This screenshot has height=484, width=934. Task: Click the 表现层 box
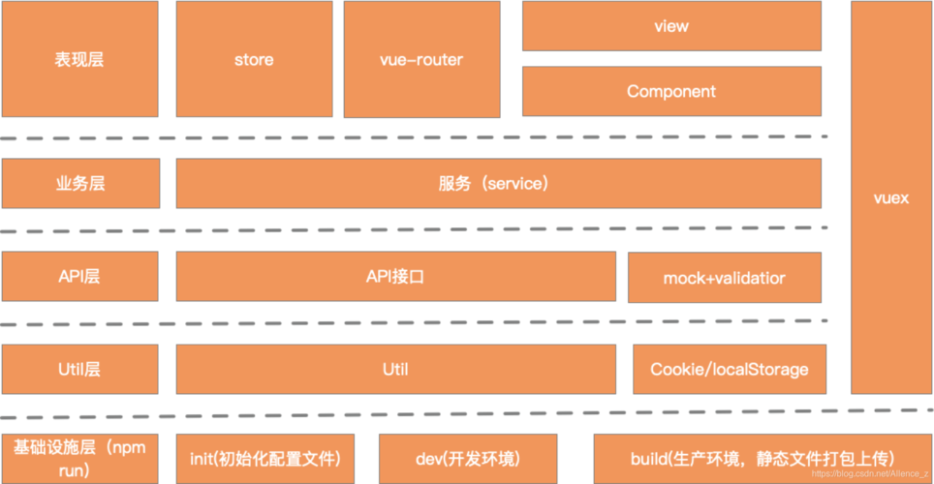click(x=79, y=59)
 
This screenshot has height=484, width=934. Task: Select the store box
click(x=254, y=59)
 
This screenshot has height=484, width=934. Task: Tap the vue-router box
click(x=420, y=59)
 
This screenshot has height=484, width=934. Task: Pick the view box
click(x=670, y=26)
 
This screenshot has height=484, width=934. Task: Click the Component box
click(x=670, y=92)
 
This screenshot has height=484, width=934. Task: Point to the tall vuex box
click(x=890, y=197)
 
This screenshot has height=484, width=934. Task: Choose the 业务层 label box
click(x=79, y=183)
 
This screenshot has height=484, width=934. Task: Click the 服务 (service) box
click(x=498, y=183)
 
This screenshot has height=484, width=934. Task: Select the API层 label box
click(x=79, y=277)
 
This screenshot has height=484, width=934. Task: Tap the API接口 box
click(x=395, y=277)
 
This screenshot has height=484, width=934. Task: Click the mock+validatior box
click(x=724, y=278)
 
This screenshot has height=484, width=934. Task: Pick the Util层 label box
click(x=79, y=369)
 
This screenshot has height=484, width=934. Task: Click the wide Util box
click(x=395, y=369)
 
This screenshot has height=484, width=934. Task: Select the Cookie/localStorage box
click(x=729, y=369)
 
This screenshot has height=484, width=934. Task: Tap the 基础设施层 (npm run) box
click(x=79, y=458)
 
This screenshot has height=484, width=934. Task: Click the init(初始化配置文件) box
click(x=264, y=458)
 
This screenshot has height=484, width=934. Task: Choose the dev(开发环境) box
click(x=468, y=458)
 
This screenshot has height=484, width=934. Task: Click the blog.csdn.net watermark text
click(x=870, y=475)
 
